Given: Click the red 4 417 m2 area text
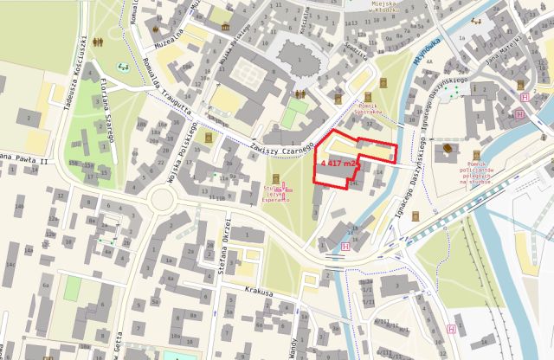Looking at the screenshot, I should (339, 162).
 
